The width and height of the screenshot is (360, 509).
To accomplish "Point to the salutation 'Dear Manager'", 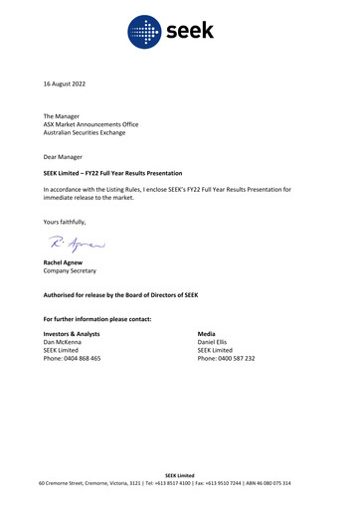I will coord(64,157).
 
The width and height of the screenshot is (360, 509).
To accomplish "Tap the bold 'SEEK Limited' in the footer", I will coord(180,476).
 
